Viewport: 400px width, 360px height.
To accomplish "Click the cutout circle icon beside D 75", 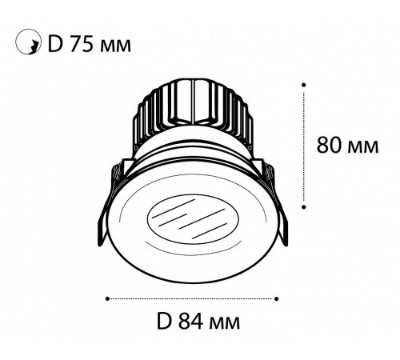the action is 28,42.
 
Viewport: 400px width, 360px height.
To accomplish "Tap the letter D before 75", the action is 55,44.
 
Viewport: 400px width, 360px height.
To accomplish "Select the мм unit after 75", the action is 115,46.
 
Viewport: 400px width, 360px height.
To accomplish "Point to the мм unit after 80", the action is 363,147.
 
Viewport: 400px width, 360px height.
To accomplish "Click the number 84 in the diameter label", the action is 191,322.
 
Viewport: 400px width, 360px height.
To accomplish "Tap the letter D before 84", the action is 164,322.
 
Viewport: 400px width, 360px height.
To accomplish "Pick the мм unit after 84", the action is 225,324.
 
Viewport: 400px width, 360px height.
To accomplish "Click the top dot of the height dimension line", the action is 304,85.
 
